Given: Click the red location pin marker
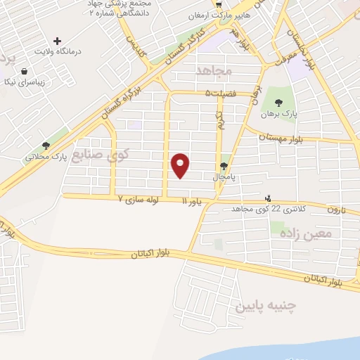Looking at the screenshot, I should click(x=181, y=165).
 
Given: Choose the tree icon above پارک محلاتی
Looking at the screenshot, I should click(x=46, y=145).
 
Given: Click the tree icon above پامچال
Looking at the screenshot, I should click(x=224, y=167).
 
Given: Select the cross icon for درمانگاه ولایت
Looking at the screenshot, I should click(x=58, y=41).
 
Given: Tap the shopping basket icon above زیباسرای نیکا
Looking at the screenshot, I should click(x=25, y=71).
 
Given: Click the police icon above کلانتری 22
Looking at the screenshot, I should click(x=267, y=198).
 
